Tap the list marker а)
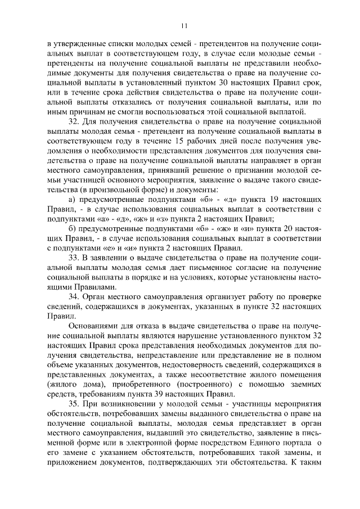click(x=71, y=200)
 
